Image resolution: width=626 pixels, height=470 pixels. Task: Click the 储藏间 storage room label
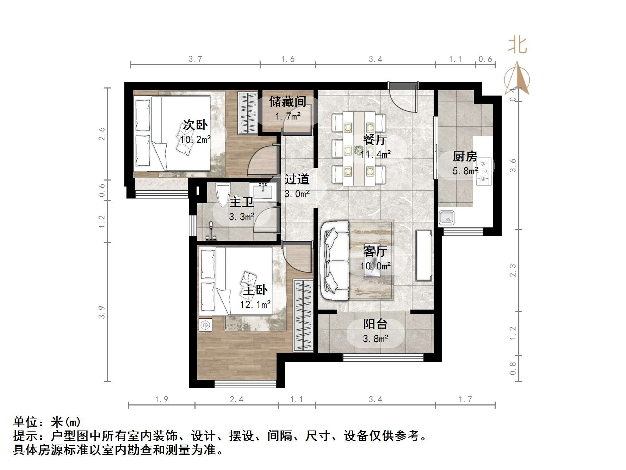(287, 102)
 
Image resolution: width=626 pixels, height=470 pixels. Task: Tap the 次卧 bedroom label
(195, 125)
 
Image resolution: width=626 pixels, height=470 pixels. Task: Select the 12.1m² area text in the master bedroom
(255, 304)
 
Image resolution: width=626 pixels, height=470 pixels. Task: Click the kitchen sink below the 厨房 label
(446, 218)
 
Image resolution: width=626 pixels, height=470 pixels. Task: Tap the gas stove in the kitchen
(484, 171)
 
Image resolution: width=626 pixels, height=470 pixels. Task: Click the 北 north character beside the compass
(517, 45)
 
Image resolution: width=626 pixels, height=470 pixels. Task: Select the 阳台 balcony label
(376, 324)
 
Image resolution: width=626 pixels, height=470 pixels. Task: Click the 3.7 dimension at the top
(195, 59)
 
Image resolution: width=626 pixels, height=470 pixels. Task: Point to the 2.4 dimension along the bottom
(236, 399)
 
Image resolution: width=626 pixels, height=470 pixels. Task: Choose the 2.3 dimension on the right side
(513, 270)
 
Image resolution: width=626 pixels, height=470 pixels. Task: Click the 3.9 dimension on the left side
(101, 312)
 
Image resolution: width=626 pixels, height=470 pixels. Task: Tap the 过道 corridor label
(297, 179)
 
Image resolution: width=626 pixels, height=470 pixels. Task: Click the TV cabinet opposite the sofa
(423, 255)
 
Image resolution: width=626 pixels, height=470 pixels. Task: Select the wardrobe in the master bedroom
(303, 315)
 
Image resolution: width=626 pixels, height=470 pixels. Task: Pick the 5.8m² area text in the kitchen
(465, 171)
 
